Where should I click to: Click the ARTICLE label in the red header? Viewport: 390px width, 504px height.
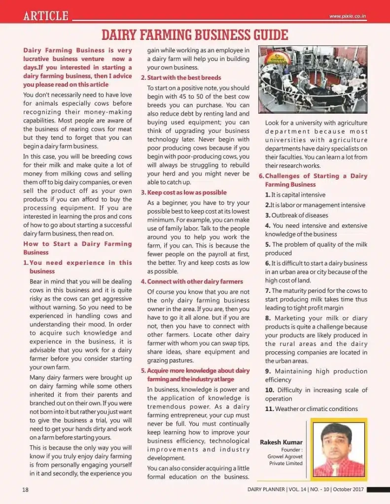pyautogui.click(x=46, y=16)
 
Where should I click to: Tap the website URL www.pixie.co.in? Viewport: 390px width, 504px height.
pyautogui.click(x=348, y=17)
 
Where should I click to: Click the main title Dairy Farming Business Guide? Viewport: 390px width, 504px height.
pyautogui.click(x=194, y=35)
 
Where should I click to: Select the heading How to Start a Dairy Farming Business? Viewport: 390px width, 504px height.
pyautogui.click(x=77, y=248)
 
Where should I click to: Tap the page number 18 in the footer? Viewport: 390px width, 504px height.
pyautogui.click(x=25, y=490)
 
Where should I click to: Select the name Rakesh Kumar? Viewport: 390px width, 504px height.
pyautogui.click(x=281, y=442)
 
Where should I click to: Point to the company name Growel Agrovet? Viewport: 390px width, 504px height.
pyautogui.click(x=284, y=456)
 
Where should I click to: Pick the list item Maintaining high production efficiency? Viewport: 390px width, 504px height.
pyautogui.click(x=316, y=376)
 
